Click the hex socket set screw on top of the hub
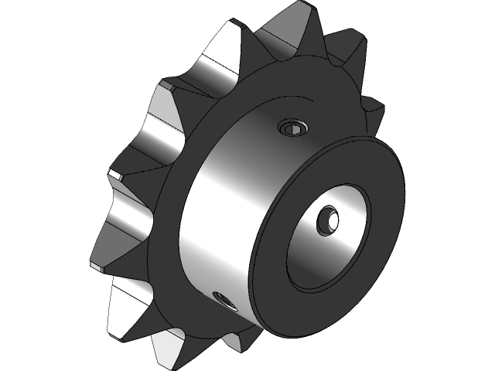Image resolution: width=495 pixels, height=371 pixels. [x=293, y=128]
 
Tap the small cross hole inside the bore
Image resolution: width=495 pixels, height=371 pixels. [x=327, y=221]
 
